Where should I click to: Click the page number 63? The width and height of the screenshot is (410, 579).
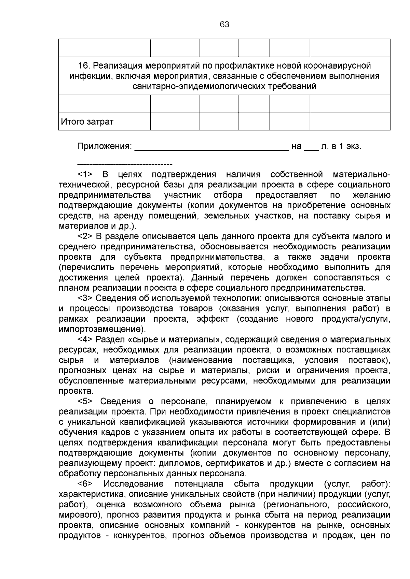pyautogui.click(x=224, y=25)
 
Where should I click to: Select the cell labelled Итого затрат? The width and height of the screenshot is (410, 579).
pyautogui.click(x=104, y=122)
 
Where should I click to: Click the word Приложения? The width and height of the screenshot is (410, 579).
pyautogui.click(x=104, y=147)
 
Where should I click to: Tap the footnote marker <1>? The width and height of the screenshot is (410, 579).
pyautogui.click(x=85, y=175)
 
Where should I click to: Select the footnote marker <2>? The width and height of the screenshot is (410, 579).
pyautogui.click(x=85, y=236)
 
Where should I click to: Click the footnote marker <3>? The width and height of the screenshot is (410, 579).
pyautogui.click(x=85, y=298)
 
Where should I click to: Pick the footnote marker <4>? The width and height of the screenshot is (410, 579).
pyautogui.click(x=85, y=339)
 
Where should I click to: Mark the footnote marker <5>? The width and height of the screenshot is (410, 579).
pyautogui.click(x=85, y=402)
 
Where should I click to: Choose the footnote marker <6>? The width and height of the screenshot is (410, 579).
pyautogui.click(x=85, y=484)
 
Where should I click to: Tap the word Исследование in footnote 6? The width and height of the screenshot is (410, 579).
pyautogui.click(x=134, y=484)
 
